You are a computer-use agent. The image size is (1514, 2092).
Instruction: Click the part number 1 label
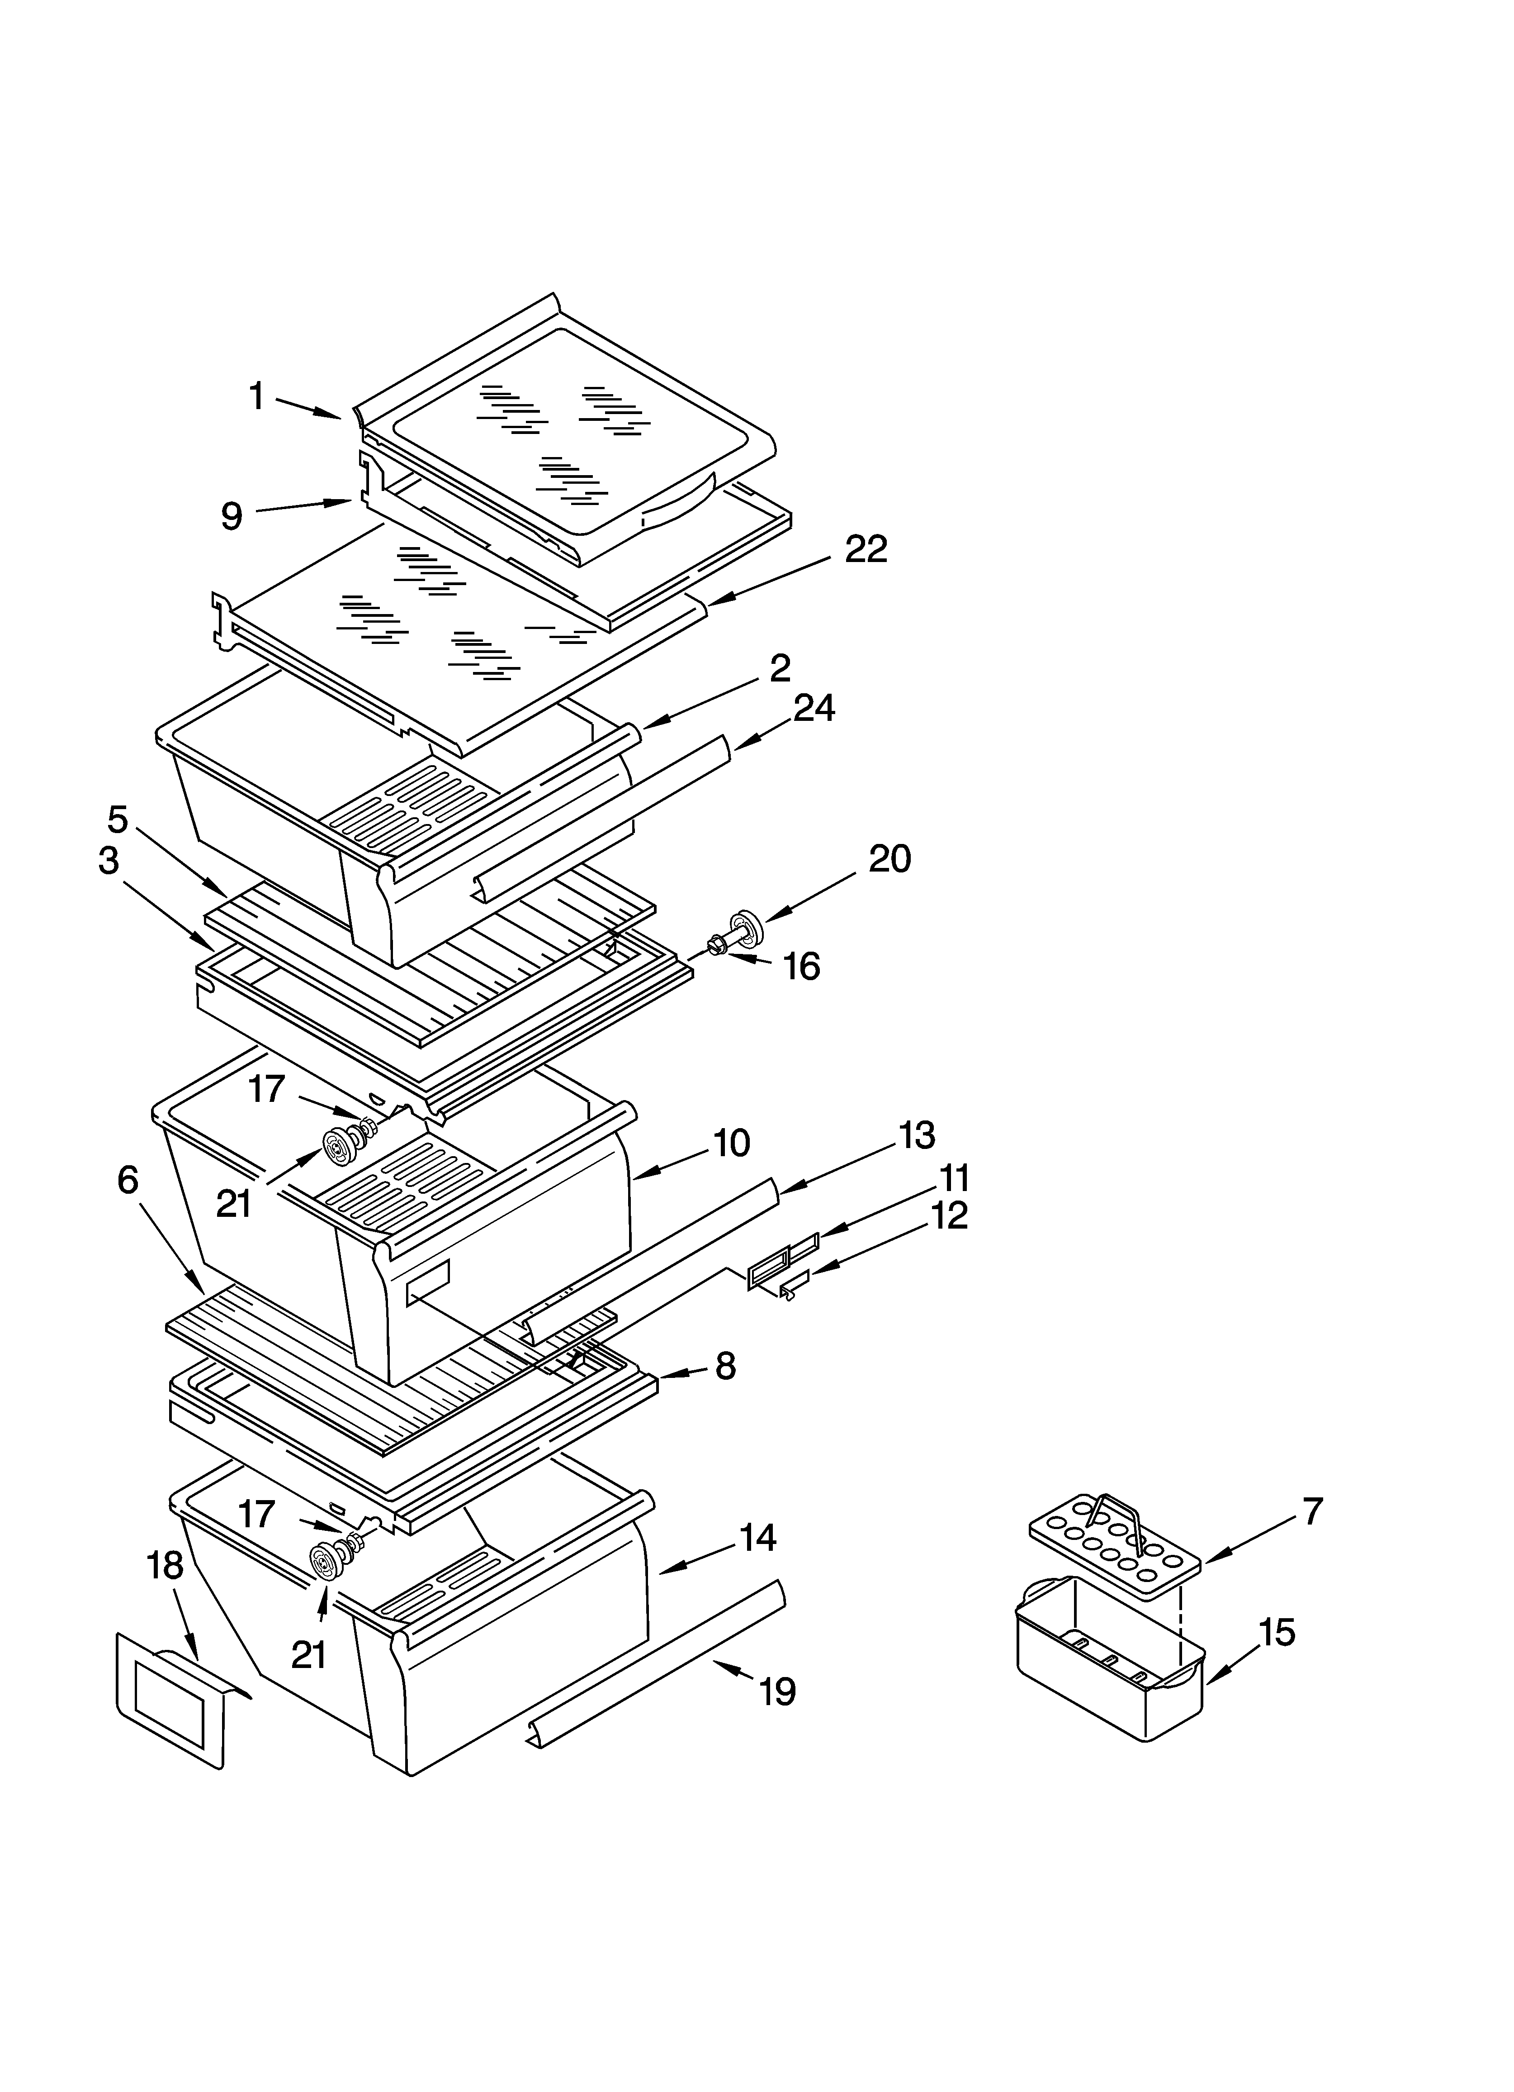(257, 396)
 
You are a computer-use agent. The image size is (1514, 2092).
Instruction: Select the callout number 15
(1277, 1633)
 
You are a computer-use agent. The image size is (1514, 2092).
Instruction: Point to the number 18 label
(166, 1566)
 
